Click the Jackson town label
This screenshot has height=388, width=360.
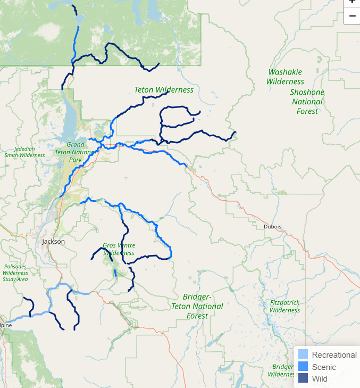[53, 241]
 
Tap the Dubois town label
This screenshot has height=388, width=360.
[272, 226]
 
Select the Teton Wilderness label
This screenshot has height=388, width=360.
[164, 90]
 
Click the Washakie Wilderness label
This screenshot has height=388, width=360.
[285, 77]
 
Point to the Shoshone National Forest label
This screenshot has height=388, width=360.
[307, 102]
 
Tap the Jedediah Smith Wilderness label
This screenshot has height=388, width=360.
[24, 152]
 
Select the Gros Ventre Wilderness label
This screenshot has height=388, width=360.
[119, 249]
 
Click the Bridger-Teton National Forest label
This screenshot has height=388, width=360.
[197, 306]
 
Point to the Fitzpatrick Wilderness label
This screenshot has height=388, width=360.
[284, 306]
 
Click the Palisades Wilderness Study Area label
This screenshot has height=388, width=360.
[15, 272]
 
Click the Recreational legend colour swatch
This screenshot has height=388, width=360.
[303, 354]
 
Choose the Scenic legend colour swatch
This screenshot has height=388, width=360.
[303, 367]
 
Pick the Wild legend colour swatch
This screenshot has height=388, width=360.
[303, 378]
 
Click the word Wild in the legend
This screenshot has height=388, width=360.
[320, 379]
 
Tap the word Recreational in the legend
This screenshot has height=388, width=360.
[334, 355]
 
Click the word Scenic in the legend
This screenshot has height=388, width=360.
[324, 367]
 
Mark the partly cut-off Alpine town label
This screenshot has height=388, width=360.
[5, 325]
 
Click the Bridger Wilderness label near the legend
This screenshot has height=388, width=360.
[282, 370]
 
